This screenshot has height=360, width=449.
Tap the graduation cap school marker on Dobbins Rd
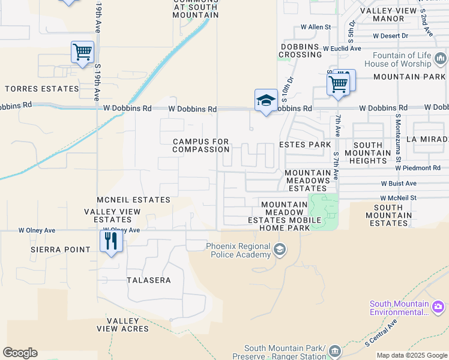[265, 101]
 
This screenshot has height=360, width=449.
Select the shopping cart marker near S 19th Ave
[82, 52]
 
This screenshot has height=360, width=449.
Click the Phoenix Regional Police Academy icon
[279, 249]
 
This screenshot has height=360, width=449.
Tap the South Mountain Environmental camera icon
[438, 307]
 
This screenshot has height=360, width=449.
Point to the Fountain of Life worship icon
[441, 59]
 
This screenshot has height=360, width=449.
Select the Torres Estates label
[42, 89]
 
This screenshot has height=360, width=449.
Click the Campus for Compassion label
[200, 146]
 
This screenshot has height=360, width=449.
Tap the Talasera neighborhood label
[149, 280]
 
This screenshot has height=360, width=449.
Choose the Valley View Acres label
[123, 325]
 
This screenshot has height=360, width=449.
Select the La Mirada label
[427, 139]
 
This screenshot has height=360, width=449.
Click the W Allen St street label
[316, 27]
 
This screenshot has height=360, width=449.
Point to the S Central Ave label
[382, 333]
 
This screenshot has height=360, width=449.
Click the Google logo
[20, 353]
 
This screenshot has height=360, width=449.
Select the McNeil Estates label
[133, 200]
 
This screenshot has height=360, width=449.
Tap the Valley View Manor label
[388, 14]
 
